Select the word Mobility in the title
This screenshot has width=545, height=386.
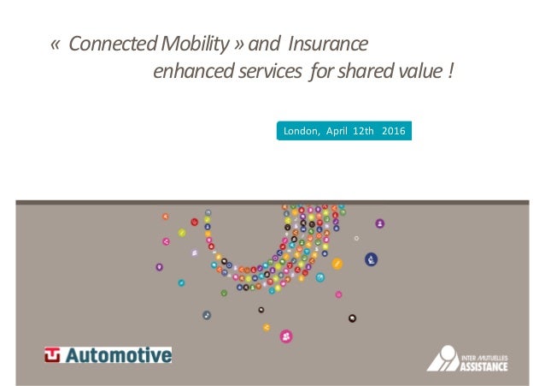coord(196,43)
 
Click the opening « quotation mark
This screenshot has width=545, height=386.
coord(56,44)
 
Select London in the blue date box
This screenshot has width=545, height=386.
coord(298,132)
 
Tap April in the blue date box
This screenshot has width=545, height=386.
coord(335,132)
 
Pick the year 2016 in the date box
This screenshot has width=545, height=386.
coord(394,132)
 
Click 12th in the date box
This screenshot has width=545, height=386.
coord(363,132)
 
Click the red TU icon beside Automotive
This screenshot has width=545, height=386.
coord(53,354)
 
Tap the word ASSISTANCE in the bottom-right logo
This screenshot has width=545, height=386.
coord(483,366)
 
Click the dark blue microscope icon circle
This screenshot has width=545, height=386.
coord(372,259)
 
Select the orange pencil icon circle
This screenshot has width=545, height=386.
coord(337,264)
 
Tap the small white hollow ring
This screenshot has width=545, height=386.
coord(357,238)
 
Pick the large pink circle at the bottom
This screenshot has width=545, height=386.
coord(286,336)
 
